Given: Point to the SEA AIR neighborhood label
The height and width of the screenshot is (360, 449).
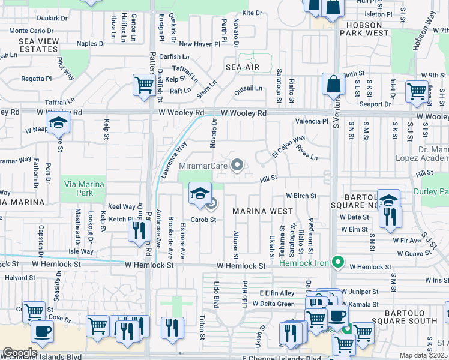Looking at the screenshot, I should tap(243, 67).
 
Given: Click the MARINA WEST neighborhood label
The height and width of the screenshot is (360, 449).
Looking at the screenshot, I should tap(262, 211).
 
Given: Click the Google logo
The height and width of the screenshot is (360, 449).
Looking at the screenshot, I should tap(20, 352).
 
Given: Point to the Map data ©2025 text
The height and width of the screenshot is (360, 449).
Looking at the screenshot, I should tap(424, 355).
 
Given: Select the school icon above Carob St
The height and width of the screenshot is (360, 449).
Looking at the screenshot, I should tap(200, 193).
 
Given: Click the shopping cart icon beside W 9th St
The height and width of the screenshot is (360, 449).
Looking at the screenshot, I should tap(416, 91).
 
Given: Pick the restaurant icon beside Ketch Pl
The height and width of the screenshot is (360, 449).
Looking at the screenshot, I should tap(137, 229).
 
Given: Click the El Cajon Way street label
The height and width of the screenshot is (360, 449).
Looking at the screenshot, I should tap(288, 146).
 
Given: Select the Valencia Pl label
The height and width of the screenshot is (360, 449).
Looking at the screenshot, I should tap(312, 121).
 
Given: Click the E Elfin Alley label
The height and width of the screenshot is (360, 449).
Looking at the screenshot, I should tap(277, 293).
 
